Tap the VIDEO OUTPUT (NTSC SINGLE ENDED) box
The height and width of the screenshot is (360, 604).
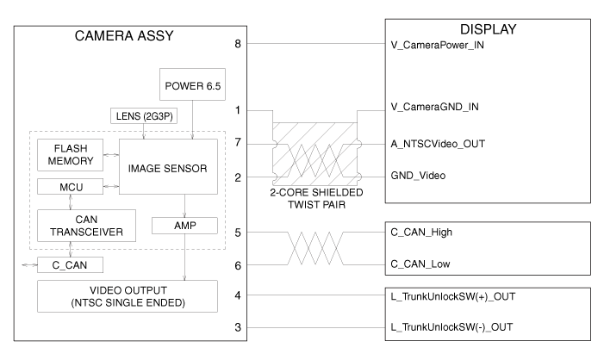pos(128,295)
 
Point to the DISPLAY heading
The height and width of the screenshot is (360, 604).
pos(487,30)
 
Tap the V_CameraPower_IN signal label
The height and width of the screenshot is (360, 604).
pos(439,43)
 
